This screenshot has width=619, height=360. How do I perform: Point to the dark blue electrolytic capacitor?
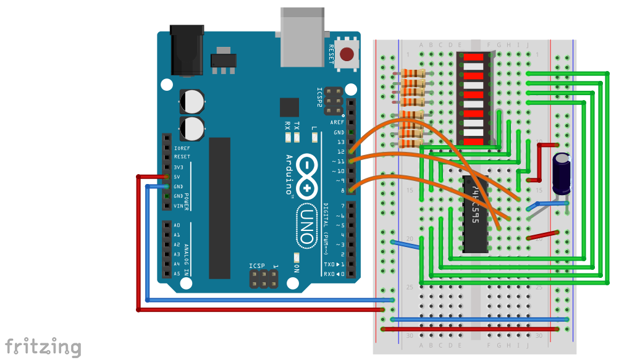pyautogui.click(x=562, y=174)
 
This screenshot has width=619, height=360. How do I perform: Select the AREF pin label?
pyautogui.click(x=338, y=122)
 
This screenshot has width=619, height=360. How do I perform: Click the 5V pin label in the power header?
pyautogui.click(x=177, y=177)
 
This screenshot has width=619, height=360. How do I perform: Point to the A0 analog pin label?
pyautogui.click(x=177, y=225)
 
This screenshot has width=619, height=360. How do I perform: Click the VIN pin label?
pyautogui.click(x=178, y=206)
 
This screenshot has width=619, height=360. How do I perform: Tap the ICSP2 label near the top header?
pyautogui.click(x=320, y=98)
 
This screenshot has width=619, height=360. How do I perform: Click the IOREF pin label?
pyautogui.click(x=182, y=148)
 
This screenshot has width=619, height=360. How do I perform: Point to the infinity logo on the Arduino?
pyautogui.click(x=306, y=175)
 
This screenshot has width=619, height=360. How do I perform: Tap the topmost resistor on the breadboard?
pyautogui.click(x=413, y=73)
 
